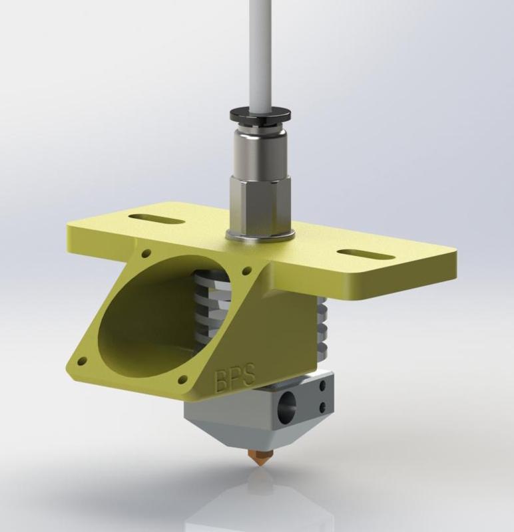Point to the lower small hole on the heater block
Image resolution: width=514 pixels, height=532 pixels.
[324, 407]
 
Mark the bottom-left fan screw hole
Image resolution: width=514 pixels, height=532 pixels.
[83, 361]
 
